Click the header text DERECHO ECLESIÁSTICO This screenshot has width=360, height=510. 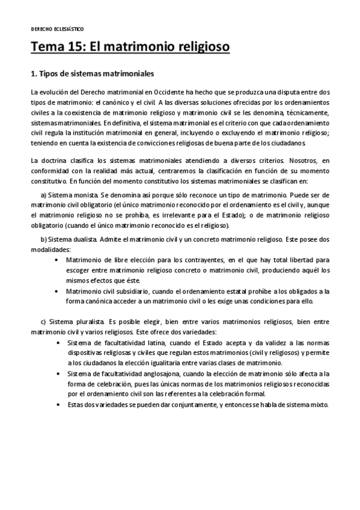click(x=57, y=28)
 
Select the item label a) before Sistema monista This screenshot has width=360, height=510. click(x=43, y=195)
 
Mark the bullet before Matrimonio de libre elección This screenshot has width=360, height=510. click(x=57, y=260)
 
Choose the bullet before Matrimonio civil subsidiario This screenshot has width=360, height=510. click(x=57, y=290)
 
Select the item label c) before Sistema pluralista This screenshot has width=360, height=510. click(x=43, y=322)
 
